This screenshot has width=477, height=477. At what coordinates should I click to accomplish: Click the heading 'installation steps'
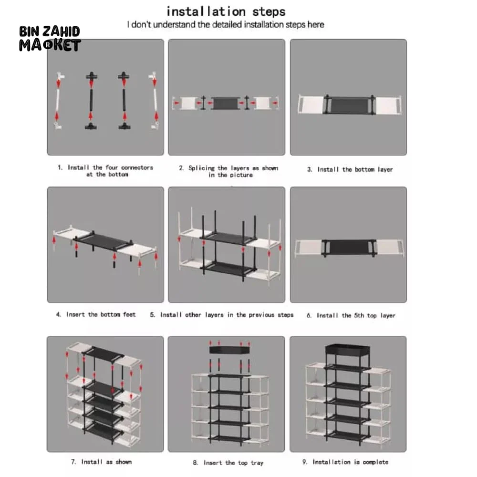226,11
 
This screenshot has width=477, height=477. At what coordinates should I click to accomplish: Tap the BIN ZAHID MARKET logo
50,38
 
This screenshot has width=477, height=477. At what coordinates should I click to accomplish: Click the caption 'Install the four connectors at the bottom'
105,171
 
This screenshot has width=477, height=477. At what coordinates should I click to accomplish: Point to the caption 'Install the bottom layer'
350,169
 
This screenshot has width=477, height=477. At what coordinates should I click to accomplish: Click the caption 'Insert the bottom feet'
96,314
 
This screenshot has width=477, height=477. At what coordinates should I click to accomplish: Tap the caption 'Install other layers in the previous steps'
222,314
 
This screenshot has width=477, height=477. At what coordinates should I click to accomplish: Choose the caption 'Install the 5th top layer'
351,315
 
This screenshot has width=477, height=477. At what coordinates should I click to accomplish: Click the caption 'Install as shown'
101,461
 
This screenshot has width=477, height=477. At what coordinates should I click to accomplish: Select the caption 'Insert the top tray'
228,462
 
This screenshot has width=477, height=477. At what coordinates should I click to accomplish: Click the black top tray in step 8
230,350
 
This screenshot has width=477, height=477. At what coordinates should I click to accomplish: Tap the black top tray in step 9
347,349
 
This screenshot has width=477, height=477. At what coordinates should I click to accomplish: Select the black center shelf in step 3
349,105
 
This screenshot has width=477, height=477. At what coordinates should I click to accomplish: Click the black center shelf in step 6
349,247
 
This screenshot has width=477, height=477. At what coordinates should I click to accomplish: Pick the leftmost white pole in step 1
58,100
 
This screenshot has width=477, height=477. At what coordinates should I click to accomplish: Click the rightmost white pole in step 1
155,100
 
